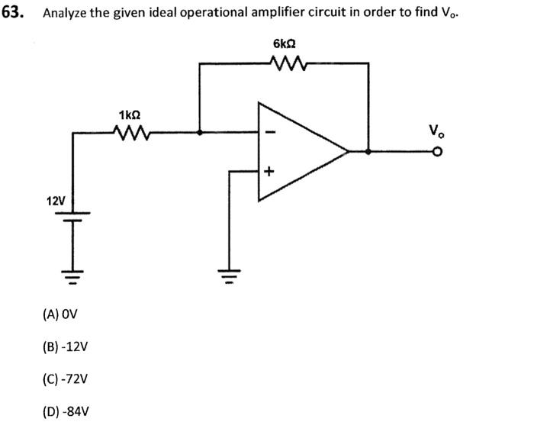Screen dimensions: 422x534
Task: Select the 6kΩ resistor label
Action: (284, 44)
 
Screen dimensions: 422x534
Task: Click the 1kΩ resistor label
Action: (130, 114)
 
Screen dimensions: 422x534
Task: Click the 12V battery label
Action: (55, 201)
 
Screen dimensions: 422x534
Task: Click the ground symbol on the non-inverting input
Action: (227, 271)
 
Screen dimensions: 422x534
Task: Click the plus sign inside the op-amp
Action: (269, 172)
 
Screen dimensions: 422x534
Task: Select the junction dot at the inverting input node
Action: (199, 133)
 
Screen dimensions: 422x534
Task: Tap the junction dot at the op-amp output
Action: (369, 152)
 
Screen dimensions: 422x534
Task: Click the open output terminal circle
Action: (437, 152)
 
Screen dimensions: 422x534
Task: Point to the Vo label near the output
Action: (434, 132)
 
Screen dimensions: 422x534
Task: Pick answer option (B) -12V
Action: (66, 346)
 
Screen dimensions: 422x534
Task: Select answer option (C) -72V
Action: (66, 379)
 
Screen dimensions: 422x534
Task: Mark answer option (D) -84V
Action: (66, 411)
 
